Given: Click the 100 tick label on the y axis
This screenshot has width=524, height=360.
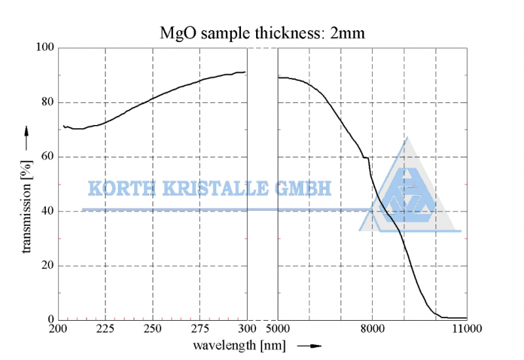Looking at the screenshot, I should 46,48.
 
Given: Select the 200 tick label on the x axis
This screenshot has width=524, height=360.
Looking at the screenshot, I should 59,329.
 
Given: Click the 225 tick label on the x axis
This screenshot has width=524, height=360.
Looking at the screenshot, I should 105,329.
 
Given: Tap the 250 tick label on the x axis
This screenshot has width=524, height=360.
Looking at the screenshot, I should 153,329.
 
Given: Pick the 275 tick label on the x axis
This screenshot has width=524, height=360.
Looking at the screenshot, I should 200,329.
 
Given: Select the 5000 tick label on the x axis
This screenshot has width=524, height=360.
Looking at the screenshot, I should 278,329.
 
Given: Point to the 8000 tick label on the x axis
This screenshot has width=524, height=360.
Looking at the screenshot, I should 373,329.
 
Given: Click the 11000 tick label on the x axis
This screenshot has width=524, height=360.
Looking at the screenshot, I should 466,329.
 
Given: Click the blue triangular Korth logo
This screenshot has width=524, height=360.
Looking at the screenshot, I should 407,193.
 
